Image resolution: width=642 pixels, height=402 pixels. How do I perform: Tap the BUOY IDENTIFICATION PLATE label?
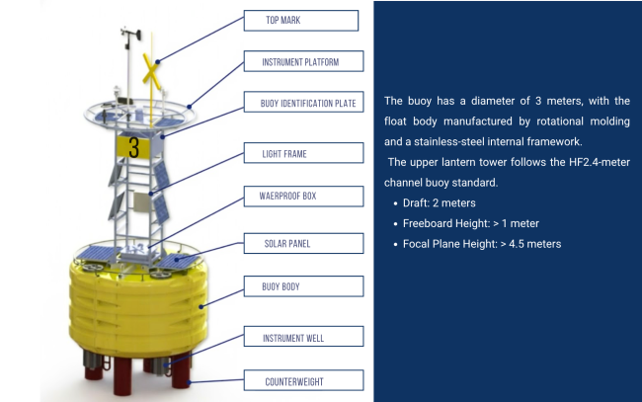click(307, 102)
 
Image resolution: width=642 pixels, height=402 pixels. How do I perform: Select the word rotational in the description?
click(534, 121)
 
